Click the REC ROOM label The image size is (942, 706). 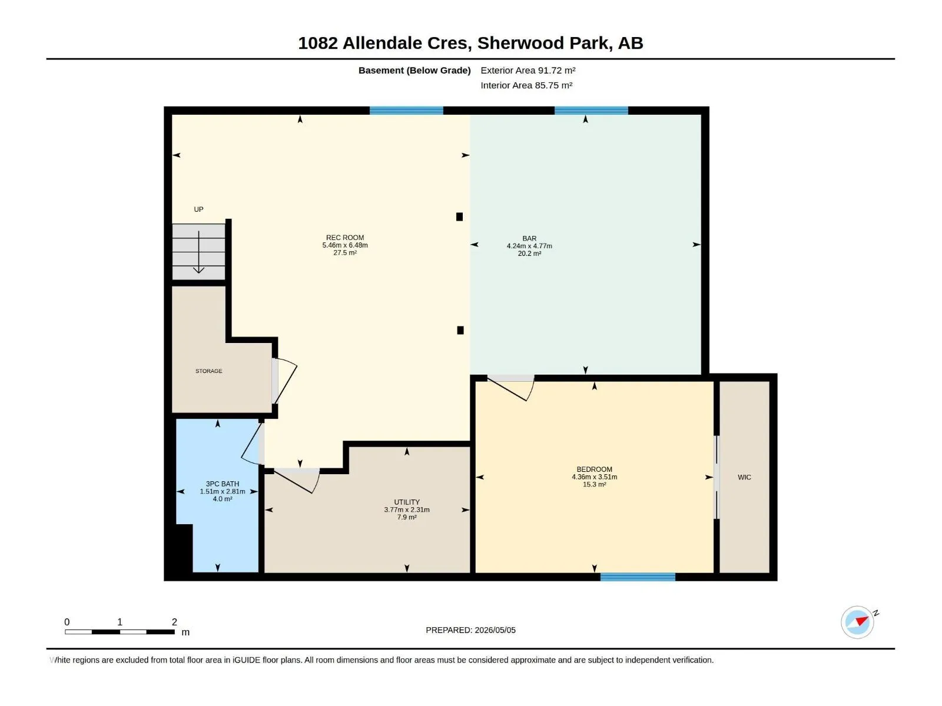pyautogui.click(x=344, y=238)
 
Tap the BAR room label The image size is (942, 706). pyautogui.click(x=529, y=238)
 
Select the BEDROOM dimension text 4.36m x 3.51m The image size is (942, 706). pyautogui.click(x=594, y=477)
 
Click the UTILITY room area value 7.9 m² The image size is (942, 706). pyautogui.click(x=406, y=517)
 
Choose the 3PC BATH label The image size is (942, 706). pyautogui.click(x=223, y=484)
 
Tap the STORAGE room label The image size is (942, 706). pyautogui.click(x=208, y=371)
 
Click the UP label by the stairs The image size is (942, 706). pyautogui.click(x=198, y=209)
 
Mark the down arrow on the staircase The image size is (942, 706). pyautogui.click(x=198, y=252)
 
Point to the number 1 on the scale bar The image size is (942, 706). pyautogui.click(x=120, y=621)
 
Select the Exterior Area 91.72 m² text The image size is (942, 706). pyautogui.click(x=528, y=70)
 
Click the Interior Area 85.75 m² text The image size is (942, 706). pyautogui.click(x=526, y=85)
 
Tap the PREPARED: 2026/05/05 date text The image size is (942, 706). pyautogui.click(x=470, y=630)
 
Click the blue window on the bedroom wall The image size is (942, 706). pyautogui.click(x=637, y=577)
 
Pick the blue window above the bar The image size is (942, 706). pyautogui.click(x=591, y=111)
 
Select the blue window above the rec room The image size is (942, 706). pyautogui.click(x=406, y=111)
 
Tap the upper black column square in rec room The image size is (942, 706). pyautogui.click(x=459, y=217)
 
